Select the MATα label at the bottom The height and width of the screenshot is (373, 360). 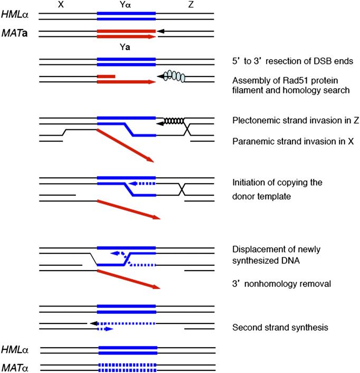(15, 366)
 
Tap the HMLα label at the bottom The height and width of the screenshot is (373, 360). (15, 350)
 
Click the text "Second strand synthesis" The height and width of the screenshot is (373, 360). (280, 328)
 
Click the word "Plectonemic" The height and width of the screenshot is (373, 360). (254, 121)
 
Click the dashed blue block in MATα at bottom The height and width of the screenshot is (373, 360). (127, 365)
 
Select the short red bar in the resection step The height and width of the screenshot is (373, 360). (106, 76)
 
